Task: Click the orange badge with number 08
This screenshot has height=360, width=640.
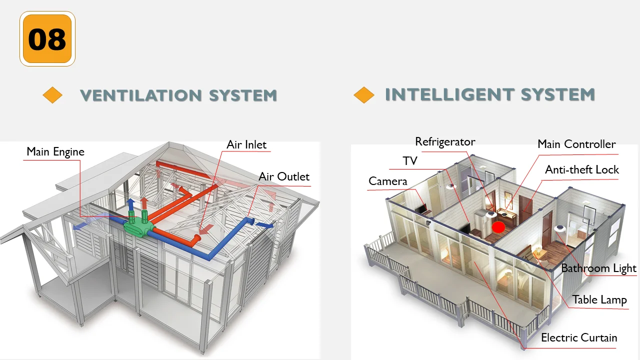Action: [x=47, y=39]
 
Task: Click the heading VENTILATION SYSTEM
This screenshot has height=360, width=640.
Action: [x=178, y=95]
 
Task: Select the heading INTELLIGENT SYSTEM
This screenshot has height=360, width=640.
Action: [x=490, y=94]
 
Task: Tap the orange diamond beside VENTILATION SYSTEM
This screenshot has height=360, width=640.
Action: [x=52, y=95]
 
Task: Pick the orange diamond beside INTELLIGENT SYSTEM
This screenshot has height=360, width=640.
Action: [x=363, y=95]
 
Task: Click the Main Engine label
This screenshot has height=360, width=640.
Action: [x=55, y=151]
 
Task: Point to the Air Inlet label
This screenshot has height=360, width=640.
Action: [x=246, y=144]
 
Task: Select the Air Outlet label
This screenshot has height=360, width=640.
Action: [x=284, y=176]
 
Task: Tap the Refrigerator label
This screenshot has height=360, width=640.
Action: [x=445, y=142]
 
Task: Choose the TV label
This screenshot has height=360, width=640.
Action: [x=410, y=161]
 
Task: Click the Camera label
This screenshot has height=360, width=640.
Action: [x=388, y=181]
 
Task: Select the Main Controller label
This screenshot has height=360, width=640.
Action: [x=576, y=144]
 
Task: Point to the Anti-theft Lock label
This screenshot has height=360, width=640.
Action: [x=582, y=169]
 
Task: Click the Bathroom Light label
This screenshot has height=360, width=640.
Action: [x=598, y=268]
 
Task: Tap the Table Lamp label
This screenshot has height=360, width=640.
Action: [x=599, y=299]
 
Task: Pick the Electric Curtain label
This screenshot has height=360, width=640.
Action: [x=579, y=337]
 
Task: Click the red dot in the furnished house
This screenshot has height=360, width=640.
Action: [x=498, y=227]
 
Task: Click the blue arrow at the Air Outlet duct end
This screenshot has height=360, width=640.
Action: [x=265, y=225]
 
